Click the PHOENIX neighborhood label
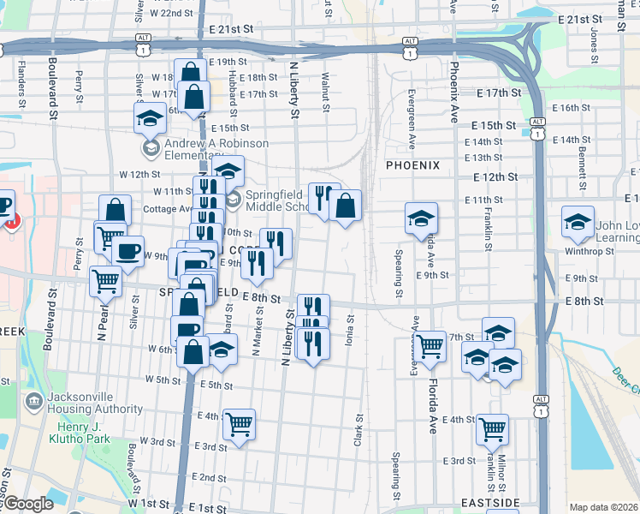click(x=412, y=165)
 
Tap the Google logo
click(x=27, y=504)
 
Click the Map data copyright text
click(x=603, y=507)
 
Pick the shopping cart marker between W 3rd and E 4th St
click(x=239, y=424)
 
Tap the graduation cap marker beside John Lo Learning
click(x=578, y=221)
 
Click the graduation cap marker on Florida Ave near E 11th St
click(x=421, y=218)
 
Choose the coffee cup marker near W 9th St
click(x=128, y=251)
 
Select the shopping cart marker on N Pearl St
click(x=105, y=279)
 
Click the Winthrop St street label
click(x=590, y=252)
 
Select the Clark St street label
click(x=358, y=431)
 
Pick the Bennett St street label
click(x=605, y=164)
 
